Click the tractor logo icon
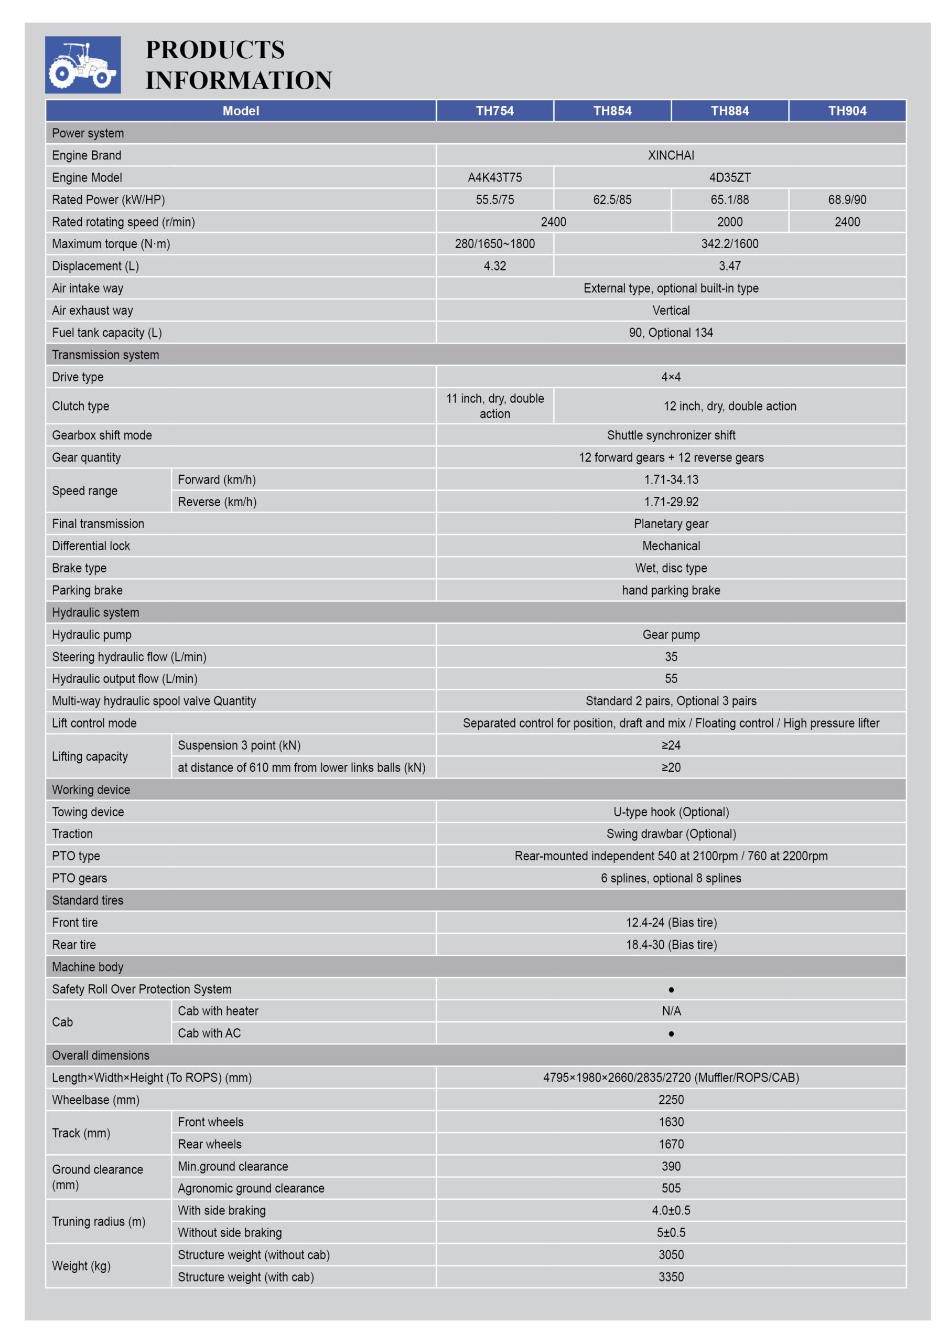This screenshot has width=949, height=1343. tap(82, 65)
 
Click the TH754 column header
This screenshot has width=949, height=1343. tap(494, 111)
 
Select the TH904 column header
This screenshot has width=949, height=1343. tap(847, 111)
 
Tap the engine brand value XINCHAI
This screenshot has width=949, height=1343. tap(671, 155)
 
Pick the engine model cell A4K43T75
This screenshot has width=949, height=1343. tap(494, 177)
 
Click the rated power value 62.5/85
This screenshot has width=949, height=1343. tap(612, 199)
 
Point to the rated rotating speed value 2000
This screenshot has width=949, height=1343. tap(729, 222)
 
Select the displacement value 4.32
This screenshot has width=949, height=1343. tap(494, 266)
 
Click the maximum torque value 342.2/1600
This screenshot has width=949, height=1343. tap(729, 244)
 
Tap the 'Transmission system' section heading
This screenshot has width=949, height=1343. tap(105, 355)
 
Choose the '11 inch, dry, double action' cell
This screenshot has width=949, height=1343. tap(494, 406)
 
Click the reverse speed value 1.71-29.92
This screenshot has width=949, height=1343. tap(671, 502)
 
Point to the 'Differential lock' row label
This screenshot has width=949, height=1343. tap(91, 546)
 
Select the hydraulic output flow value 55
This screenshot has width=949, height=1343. tap(671, 678)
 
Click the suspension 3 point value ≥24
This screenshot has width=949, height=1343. tap(671, 745)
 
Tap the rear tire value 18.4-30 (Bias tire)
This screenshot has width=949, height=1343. tap(671, 945)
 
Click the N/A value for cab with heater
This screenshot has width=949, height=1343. tap(671, 1011)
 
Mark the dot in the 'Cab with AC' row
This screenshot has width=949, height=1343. tap(671, 1033)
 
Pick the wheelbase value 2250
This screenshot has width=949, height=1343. tap(671, 1100)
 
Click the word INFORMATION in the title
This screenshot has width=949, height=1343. tap(239, 81)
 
